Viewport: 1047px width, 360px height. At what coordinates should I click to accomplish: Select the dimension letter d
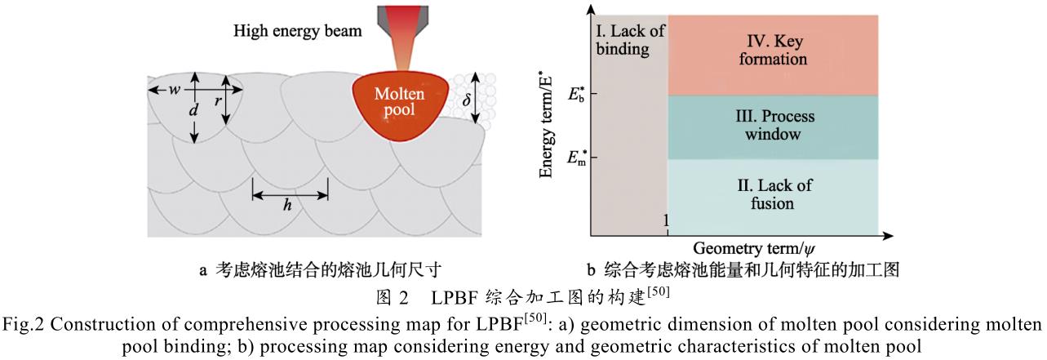[193, 109]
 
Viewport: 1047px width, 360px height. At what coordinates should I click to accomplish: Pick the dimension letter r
[216, 101]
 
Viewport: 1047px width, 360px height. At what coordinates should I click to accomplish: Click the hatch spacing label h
[287, 205]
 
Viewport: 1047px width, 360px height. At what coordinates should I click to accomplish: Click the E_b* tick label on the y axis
[576, 92]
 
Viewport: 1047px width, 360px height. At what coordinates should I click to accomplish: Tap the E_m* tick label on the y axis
[575, 155]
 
